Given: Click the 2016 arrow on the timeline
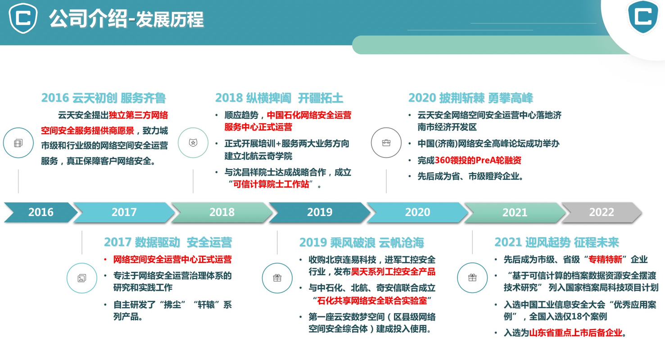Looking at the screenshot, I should pyautogui.click(x=41, y=212).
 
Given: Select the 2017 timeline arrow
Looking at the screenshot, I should pyautogui.click(x=124, y=212).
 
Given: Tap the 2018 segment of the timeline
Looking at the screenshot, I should pyautogui.click(x=222, y=212).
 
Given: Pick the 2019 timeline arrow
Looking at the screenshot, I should pyautogui.click(x=319, y=212).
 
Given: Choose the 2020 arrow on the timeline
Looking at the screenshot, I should pyautogui.click(x=417, y=212).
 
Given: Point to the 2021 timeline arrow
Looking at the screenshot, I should pyautogui.click(x=515, y=212).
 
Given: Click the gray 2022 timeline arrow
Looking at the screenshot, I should pyautogui.click(x=602, y=212).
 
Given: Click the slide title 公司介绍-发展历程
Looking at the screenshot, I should pyautogui.click(x=127, y=19).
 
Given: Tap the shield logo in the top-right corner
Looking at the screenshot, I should pyautogui.click(x=643, y=18).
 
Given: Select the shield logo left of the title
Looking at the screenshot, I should pyautogui.click(x=23, y=18).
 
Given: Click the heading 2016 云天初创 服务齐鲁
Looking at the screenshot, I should pyautogui.click(x=104, y=98).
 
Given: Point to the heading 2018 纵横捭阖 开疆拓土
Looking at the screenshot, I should pyautogui.click(x=279, y=98).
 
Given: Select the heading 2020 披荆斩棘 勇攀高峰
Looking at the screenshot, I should pyautogui.click(x=470, y=98).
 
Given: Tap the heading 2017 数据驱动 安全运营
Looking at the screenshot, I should pyautogui.click(x=168, y=243).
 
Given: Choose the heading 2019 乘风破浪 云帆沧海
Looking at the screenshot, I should pyautogui.click(x=362, y=243).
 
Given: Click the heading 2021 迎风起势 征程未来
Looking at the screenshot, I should pyautogui.click(x=556, y=243).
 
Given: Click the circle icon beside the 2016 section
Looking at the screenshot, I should pyautogui.click(x=18, y=143).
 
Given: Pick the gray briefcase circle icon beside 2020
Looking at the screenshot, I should pyautogui.click(x=386, y=143).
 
